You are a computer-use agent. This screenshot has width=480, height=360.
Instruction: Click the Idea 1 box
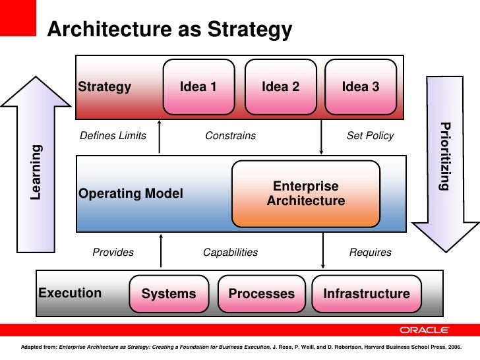pos(198,87)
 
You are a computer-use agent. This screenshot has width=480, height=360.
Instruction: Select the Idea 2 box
pos(280,87)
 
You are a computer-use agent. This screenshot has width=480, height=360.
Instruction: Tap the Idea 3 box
pos(360,87)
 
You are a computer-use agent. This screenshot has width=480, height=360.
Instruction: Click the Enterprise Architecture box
pos(306,193)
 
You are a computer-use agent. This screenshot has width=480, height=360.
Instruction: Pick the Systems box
pos(169,293)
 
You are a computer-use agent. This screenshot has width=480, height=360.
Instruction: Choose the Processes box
pos(261,293)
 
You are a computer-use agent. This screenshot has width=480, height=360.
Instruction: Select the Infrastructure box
pos(366,293)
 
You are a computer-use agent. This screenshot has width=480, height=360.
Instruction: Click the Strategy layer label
pos(105,87)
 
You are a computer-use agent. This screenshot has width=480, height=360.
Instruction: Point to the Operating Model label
pos(131,194)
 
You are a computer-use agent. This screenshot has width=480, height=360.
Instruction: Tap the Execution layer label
pos(70,293)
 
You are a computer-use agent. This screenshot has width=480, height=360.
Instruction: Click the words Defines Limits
pos(113,136)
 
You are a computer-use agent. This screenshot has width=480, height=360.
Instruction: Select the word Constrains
pos(230,136)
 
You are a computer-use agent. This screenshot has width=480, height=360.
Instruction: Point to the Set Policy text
pos(370,136)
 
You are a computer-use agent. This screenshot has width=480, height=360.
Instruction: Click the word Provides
pos(113,252)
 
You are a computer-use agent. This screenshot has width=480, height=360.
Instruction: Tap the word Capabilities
pos(230,252)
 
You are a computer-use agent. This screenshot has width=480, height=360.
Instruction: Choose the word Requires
pos(370,252)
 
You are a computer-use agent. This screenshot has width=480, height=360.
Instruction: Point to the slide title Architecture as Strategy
pos(169,30)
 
